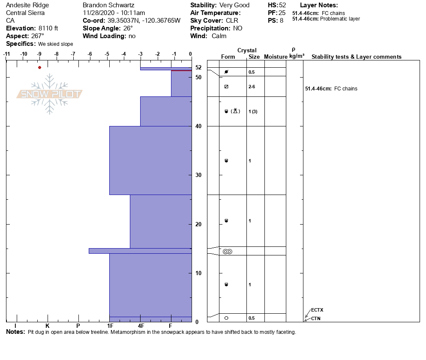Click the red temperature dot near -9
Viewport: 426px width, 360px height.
click(x=39, y=67)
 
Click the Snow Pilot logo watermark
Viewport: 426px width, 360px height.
click(x=49, y=94)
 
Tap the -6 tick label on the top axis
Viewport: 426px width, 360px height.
click(x=90, y=54)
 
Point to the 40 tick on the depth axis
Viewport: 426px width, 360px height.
click(x=198, y=126)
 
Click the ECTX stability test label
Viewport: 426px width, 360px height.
click(x=317, y=310)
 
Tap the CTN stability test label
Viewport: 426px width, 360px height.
click(x=315, y=318)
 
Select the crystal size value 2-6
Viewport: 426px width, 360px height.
click(x=252, y=87)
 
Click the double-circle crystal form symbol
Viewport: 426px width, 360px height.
click(x=227, y=252)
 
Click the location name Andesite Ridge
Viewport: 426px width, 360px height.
click(x=27, y=5)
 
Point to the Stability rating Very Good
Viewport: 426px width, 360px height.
click(x=234, y=5)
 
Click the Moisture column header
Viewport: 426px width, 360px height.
click(x=276, y=57)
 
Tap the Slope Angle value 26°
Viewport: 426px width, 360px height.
click(x=128, y=28)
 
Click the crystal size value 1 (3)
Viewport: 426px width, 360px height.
click(x=253, y=111)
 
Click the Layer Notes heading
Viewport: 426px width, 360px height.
click(x=319, y=5)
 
